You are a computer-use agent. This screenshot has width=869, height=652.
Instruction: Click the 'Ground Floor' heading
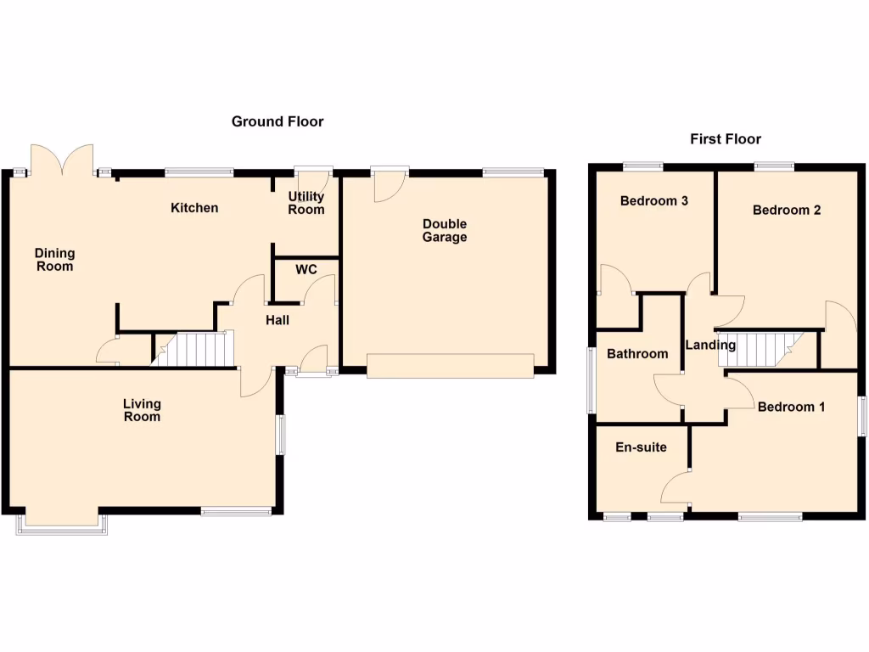[278, 121]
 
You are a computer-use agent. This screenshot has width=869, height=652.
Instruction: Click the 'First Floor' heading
[726, 138]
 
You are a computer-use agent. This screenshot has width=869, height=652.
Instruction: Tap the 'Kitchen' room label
[194, 208]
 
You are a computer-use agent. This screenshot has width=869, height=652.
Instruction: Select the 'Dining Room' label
[55, 260]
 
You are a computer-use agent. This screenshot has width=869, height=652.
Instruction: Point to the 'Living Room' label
[142, 410]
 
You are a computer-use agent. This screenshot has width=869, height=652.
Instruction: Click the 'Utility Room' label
[306, 203]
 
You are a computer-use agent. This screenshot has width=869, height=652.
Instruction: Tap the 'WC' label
[306, 269]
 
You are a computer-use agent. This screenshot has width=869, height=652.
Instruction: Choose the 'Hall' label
[278, 320]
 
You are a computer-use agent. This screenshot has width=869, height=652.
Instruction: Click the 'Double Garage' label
[445, 231]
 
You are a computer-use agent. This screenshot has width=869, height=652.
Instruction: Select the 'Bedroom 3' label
[653, 201]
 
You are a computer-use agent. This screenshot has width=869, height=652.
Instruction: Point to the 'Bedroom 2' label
[787, 210]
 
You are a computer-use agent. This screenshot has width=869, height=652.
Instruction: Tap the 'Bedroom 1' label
[791, 407]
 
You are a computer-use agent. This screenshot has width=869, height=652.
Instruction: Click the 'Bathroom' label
[637, 354]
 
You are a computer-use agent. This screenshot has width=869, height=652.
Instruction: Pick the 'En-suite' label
[641, 447]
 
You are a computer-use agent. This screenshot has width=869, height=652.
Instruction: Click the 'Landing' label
[710, 345]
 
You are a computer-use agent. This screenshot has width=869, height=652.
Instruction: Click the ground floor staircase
[194, 349]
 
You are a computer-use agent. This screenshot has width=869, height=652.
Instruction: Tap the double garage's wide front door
[450, 366]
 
